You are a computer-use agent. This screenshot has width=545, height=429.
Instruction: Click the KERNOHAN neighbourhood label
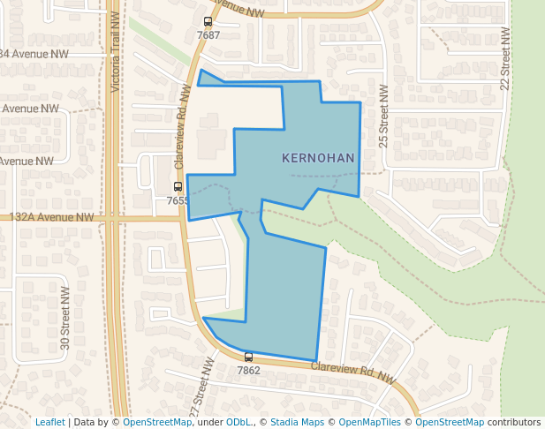318,158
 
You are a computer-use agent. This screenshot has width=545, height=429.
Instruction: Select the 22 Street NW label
505,58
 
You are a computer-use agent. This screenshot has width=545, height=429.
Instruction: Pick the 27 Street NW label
202,388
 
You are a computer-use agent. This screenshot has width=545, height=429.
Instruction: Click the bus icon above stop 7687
208,22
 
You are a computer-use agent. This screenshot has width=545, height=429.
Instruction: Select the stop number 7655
178,200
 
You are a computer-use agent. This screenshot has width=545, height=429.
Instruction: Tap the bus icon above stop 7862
248,357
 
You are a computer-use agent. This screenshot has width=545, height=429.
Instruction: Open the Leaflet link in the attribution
49,422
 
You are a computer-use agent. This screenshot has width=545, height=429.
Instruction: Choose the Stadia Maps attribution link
299,422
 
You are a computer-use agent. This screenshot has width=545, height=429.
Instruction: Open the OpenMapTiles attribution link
369,422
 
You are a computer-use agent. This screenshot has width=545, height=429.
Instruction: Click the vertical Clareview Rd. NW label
183,128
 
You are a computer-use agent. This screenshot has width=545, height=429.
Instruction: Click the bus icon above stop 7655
178,187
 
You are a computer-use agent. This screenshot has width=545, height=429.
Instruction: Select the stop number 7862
248,371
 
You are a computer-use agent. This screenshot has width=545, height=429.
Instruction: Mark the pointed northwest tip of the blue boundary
201,70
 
